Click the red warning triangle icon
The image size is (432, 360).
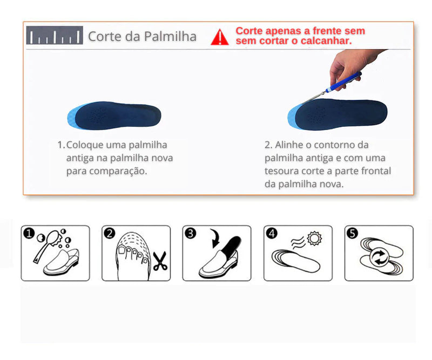click(220, 37)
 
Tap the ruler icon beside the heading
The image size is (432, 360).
click(55, 36)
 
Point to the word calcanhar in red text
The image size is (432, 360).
click(323, 40)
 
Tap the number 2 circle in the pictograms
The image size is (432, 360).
click(110, 234)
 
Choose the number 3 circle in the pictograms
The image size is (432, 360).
click(190, 234)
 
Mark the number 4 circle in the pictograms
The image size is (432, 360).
click(272, 234)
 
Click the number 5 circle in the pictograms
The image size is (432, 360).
click(352, 234)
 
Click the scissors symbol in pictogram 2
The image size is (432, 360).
click(160, 261)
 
